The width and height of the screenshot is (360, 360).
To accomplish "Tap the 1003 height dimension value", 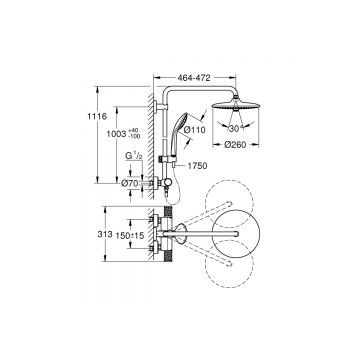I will [118, 133].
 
